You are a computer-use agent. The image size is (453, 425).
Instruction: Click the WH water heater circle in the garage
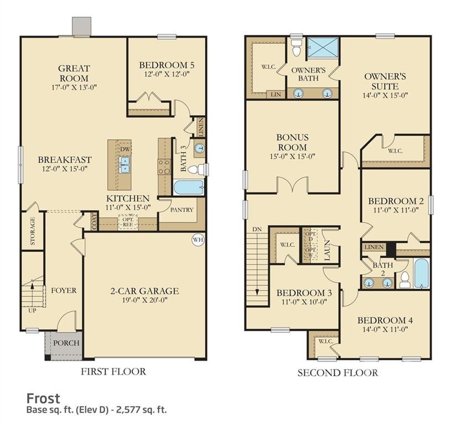pos(197,240)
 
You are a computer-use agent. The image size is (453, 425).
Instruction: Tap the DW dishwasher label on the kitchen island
pos(124,149)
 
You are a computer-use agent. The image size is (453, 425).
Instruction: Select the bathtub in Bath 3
pos(189,187)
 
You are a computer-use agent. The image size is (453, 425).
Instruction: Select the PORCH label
pos(66,343)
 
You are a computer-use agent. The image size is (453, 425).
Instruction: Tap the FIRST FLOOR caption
pos(113,371)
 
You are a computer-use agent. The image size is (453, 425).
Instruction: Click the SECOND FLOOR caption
pos(337,372)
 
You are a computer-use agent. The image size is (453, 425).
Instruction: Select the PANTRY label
pos(181,210)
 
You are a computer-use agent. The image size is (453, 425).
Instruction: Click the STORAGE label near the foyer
pos(33,231)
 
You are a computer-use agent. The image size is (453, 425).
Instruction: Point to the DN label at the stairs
pos(257,229)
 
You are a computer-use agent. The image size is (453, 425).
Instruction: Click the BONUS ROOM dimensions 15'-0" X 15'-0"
pos(293,156)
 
